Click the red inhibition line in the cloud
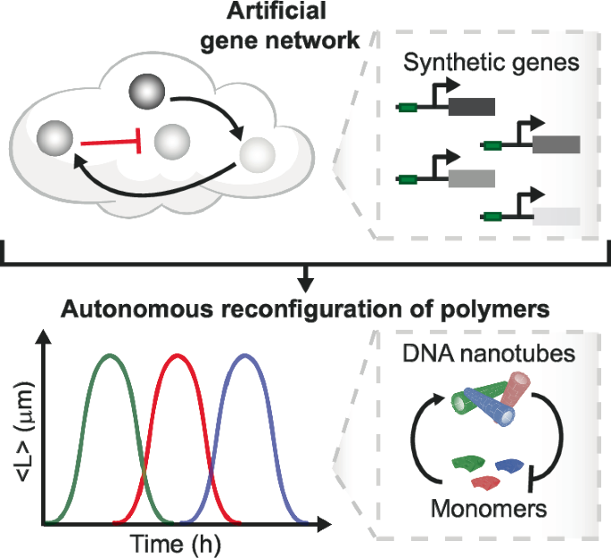[111, 143]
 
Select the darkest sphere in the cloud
[147, 92]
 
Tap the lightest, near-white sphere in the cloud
[257, 155]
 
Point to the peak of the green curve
[111, 355]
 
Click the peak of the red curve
[178, 355]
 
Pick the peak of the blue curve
[244, 355]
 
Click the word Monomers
[489, 509]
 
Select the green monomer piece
[468, 463]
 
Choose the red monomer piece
[486, 482]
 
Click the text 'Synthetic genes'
[491, 62]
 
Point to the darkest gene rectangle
[472, 107]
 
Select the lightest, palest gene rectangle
[557, 217]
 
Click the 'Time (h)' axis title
[175, 544]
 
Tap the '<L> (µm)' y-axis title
[24, 431]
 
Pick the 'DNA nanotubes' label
[489, 354]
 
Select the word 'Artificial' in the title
[277, 11]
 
